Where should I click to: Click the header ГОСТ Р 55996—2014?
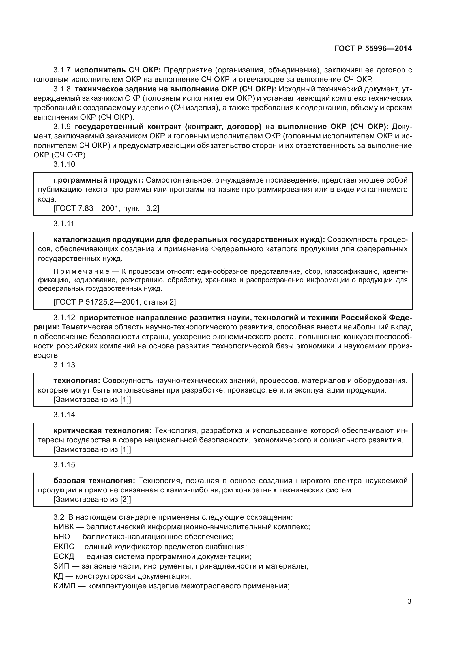pyautogui.click(x=373, y=48)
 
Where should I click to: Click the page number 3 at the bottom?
pyautogui.click(x=409, y=601)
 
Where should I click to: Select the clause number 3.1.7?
pyautogui.click(x=62, y=70)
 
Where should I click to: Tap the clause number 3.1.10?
pyautogui.click(x=64, y=164)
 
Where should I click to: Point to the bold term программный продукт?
pyautogui.click(x=98, y=180)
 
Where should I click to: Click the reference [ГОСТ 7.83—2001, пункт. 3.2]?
pyautogui.click(x=106, y=208)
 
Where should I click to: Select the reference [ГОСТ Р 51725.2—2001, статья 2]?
pyautogui.click(x=115, y=302)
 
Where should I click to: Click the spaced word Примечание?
pyautogui.click(x=81, y=272)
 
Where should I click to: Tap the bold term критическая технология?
pyautogui.click(x=102, y=431)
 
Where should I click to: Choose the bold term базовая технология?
pyautogui.click(x=94, y=481)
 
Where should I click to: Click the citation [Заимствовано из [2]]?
pyautogui.click(x=92, y=499)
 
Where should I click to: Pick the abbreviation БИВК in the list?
pyautogui.click(x=64, y=527)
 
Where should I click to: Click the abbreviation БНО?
pyautogui.click(x=62, y=537)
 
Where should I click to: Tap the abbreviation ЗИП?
pyautogui.click(x=61, y=566)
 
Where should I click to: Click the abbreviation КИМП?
pyautogui.click(x=64, y=586)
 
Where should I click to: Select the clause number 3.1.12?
pyautogui.click(x=64, y=318)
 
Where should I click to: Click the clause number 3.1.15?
pyautogui.click(x=64, y=465)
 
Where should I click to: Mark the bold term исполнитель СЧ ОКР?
pyautogui.click(x=118, y=70)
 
